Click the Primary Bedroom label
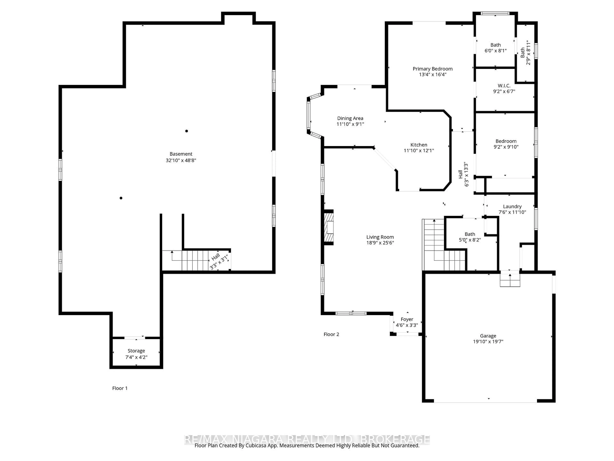[433, 69]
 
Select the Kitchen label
[419, 145]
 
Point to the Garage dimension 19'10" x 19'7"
[488, 342]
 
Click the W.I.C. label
[504, 86]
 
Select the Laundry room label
[512, 206]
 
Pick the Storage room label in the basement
[136, 351]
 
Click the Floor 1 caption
[120, 388]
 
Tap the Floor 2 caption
[331, 334]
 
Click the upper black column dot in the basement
[187, 131]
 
